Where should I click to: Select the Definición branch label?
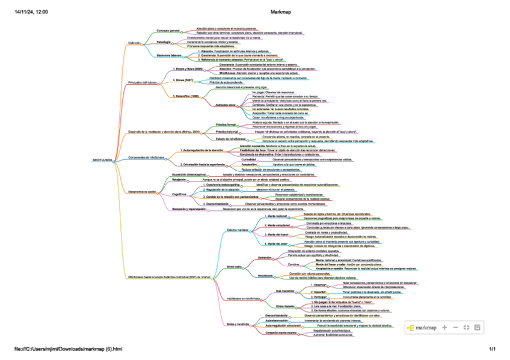(x=134, y=43)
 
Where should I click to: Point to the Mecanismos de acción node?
(x=142, y=192)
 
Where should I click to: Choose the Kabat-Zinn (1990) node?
(x=188, y=96)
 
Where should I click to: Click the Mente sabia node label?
(x=234, y=266)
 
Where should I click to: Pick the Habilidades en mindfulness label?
(x=243, y=299)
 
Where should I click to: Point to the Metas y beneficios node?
(x=238, y=323)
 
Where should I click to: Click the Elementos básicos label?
(x=169, y=55)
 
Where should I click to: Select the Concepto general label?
(x=168, y=30)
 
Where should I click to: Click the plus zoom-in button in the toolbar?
(x=444, y=328)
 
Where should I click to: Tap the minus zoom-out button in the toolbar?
(x=455, y=328)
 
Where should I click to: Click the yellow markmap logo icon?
(x=411, y=328)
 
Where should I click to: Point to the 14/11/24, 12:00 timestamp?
(x=32, y=12)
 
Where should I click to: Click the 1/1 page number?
(x=492, y=349)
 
